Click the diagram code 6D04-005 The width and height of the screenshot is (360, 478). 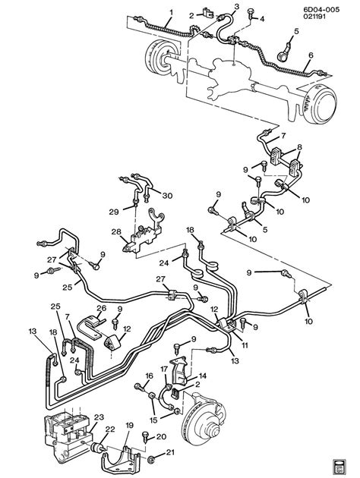321,10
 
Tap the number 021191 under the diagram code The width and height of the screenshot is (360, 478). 314,16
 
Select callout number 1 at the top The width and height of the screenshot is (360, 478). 171,13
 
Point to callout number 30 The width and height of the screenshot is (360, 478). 167,195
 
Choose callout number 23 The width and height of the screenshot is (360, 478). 99,417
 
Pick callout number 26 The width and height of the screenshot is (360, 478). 101,308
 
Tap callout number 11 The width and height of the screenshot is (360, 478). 245,345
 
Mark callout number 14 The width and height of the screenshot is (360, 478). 202,376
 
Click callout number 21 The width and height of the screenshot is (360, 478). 170,452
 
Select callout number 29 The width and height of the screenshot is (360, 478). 114,212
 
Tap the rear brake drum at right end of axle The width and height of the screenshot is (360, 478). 321,104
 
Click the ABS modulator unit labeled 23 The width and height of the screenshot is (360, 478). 67,434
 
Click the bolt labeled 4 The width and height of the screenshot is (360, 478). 251,13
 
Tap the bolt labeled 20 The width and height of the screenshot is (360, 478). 146,437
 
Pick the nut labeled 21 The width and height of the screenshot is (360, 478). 150,459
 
